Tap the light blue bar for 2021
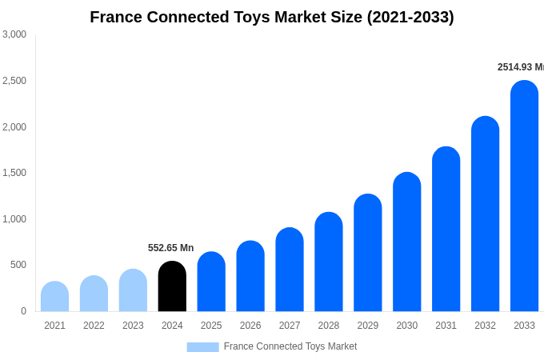54,297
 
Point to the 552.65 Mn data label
170,248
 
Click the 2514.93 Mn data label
520,67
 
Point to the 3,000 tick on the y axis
14,34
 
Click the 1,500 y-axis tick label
14,173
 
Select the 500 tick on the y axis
18,265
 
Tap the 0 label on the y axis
23,311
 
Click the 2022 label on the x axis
94,326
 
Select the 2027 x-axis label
290,326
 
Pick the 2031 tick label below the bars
446,326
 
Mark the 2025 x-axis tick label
211,326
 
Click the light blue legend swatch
202,347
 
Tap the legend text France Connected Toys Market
290,346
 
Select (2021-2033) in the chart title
410,17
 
